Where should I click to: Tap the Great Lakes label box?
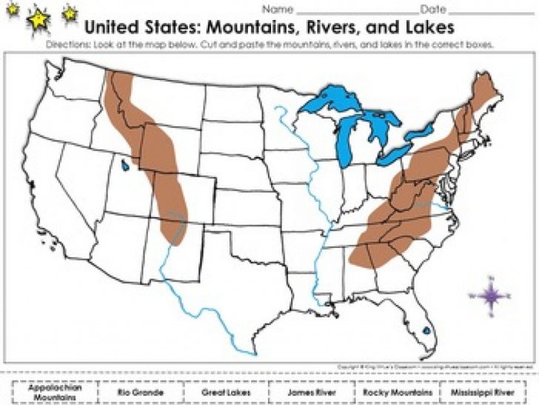[226, 391]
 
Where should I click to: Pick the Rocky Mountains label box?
[397, 391]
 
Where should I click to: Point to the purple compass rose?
[490, 295]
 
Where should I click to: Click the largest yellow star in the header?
[37, 21]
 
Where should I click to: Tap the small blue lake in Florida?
[426, 331]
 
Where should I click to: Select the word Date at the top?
[433, 10]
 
